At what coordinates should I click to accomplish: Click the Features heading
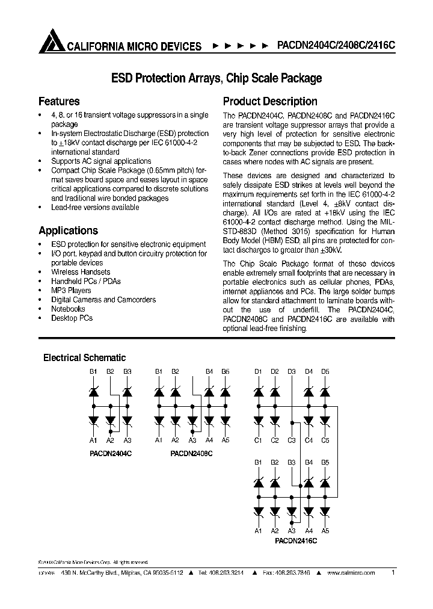click(x=59, y=101)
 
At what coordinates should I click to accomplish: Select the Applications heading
click(x=68, y=230)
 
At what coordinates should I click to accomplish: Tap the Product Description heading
click(x=270, y=101)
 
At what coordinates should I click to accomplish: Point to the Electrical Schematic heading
click(x=84, y=357)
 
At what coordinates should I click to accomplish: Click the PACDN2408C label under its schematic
click(x=192, y=451)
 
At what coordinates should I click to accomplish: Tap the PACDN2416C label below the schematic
click(x=296, y=541)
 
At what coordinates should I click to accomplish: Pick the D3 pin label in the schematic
click(x=292, y=372)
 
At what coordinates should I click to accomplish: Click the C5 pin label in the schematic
click(x=325, y=441)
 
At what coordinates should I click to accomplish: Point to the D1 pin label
click(x=258, y=372)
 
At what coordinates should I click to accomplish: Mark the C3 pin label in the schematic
click(x=292, y=441)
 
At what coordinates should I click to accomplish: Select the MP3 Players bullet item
click(x=71, y=290)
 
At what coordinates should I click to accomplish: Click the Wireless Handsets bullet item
click(x=81, y=272)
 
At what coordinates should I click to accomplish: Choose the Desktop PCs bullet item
click(x=72, y=318)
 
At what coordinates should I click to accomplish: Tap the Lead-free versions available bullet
click(x=95, y=207)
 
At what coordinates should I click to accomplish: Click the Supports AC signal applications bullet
click(x=101, y=161)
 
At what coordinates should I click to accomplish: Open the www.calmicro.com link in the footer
click(x=351, y=573)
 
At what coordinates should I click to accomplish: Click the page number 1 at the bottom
click(x=393, y=573)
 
